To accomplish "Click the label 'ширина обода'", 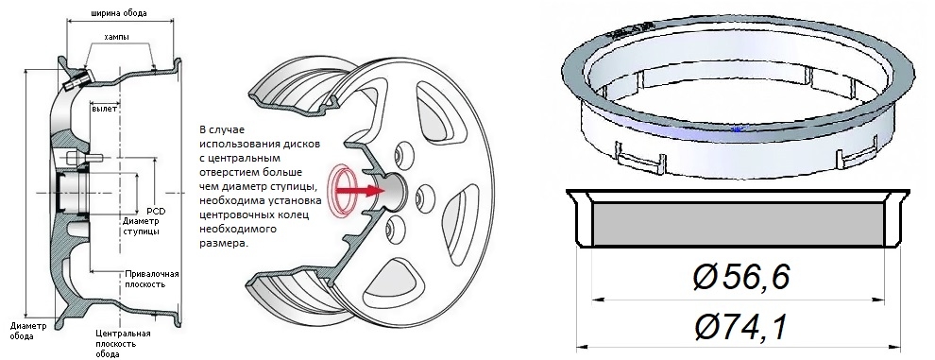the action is coord(119,12).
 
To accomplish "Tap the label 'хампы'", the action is coord(117,37).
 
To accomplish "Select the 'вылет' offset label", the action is coord(104,109).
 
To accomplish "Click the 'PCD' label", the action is coord(156,212).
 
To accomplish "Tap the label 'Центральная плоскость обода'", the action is coord(123,343).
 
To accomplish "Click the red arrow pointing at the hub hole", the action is coord(359,191).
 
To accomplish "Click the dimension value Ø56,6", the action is coord(741,278).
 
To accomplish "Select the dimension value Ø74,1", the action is coord(741,328).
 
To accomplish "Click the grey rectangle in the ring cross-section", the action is coord(738,224).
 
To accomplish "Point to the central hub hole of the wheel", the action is coord(394,191).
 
